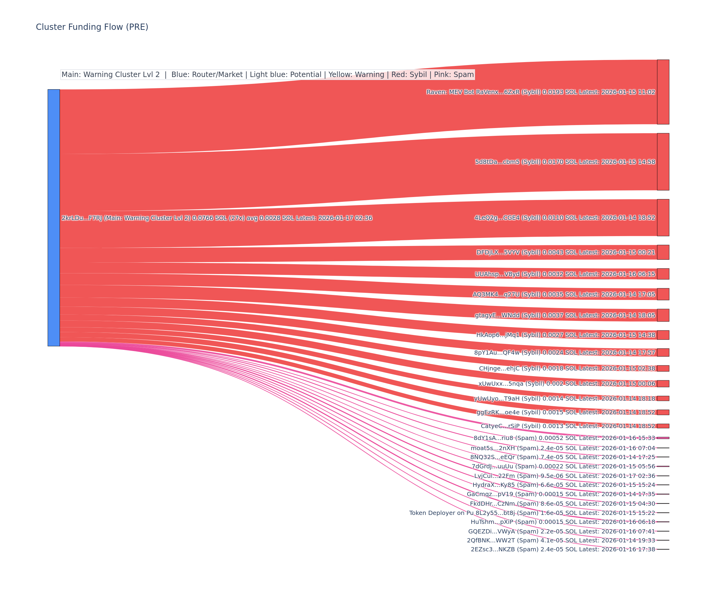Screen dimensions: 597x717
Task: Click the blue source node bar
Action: click(53, 218)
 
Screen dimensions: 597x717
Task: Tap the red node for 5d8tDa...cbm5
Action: click(663, 162)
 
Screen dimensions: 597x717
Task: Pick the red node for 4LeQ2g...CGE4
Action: click(663, 218)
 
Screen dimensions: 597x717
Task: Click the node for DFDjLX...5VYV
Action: click(663, 252)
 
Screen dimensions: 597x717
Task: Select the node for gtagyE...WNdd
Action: click(663, 315)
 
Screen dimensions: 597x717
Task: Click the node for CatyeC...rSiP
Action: click(663, 426)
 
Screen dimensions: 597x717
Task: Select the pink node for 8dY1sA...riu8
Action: click(663, 438)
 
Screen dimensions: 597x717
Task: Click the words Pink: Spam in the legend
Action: click(454, 75)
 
